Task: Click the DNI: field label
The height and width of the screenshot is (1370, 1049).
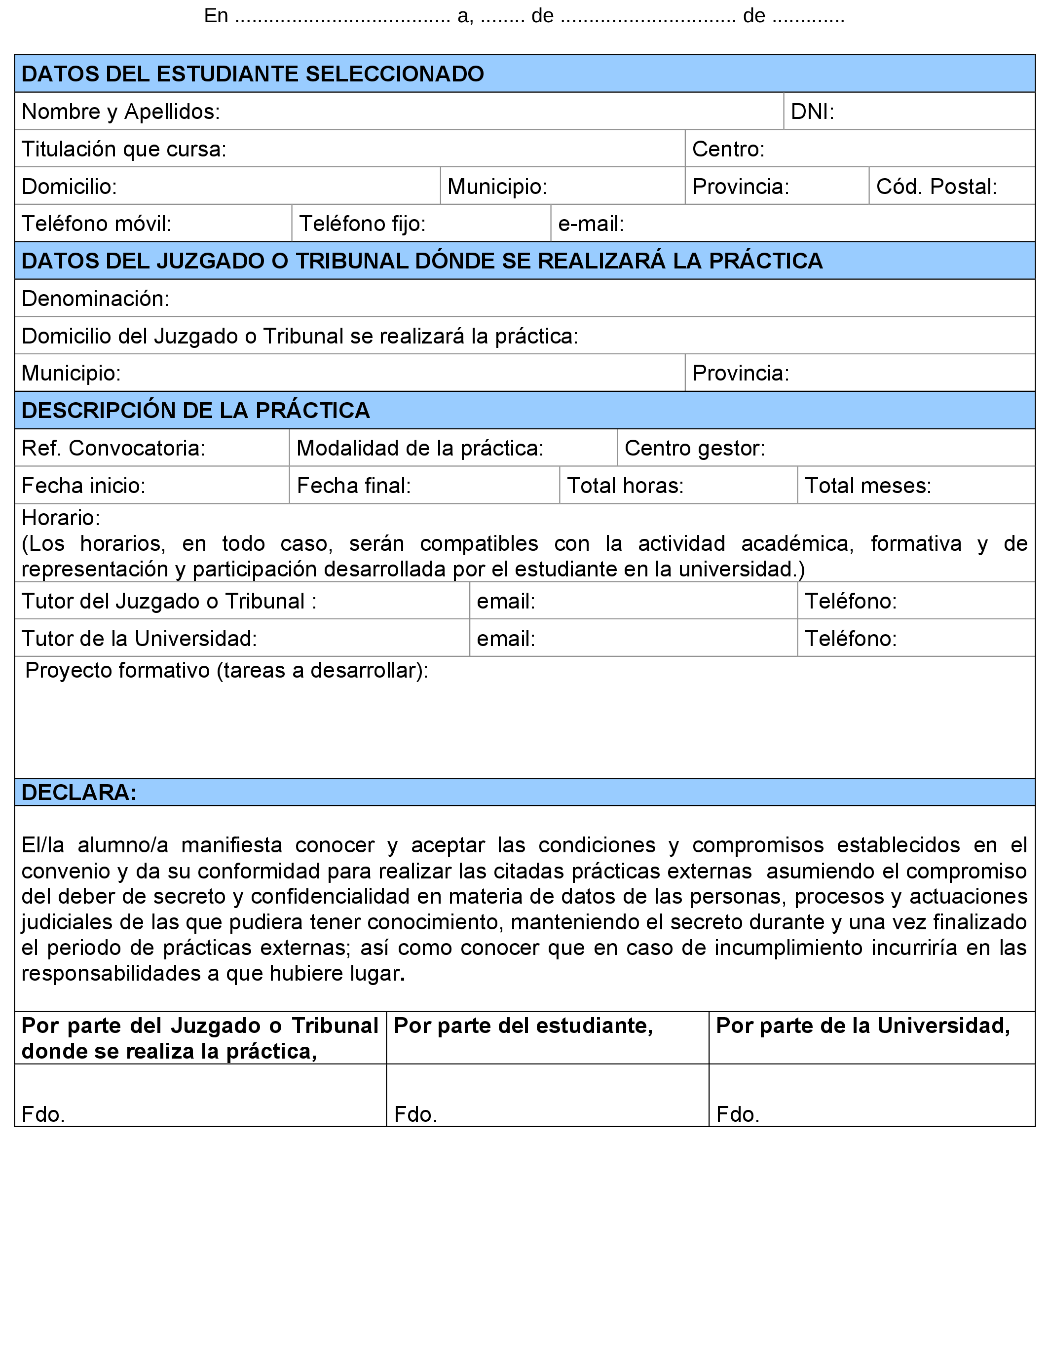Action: (x=812, y=112)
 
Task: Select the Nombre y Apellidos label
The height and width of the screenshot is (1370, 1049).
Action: (x=120, y=112)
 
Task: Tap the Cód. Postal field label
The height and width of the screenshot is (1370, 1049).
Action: (x=936, y=186)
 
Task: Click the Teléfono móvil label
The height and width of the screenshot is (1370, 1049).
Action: (x=96, y=224)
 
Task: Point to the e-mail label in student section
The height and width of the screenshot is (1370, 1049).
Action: (x=591, y=224)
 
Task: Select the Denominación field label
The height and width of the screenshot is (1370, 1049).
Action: (x=95, y=299)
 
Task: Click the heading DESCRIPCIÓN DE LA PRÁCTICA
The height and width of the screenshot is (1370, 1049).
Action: (x=195, y=410)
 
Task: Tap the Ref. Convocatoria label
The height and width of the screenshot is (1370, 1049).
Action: (x=113, y=448)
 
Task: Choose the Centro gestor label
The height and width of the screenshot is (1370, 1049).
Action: (x=694, y=448)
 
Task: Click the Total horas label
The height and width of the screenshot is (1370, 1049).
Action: (x=625, y=485)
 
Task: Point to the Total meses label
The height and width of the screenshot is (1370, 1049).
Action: (x=867, y=485)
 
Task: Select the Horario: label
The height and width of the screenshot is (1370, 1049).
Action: (x=61, y=518)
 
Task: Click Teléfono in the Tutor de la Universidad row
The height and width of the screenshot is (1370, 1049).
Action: (x=851, y=638)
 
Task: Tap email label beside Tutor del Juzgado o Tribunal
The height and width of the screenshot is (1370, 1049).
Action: (x=506, y=601)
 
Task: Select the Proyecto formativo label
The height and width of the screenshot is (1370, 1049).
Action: (x=226, y=670)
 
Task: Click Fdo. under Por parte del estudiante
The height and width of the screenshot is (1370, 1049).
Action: (x=415, y=1114)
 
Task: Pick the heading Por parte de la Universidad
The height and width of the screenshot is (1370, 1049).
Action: (x=863, y=1026)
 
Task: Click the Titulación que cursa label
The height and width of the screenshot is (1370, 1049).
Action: (x=124, y=149)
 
